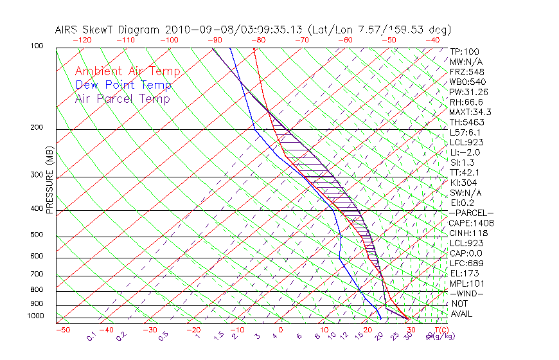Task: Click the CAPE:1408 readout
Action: (x=470, y=223)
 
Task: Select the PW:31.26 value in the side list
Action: (x=468, y=92)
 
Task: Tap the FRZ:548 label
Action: (x=466, y=71)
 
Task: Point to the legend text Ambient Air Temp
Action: (x=127, y=71)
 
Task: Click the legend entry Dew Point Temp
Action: (x=123, y=85)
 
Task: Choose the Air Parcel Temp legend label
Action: (x=122, y=98)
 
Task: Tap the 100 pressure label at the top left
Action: (x=36, y=46)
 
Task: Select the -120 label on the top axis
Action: (x=82, y=39)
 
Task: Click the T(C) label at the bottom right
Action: (x=441, y=330)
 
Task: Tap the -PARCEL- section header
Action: (x=471, y=213)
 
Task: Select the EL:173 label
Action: (x=464, y=273)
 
